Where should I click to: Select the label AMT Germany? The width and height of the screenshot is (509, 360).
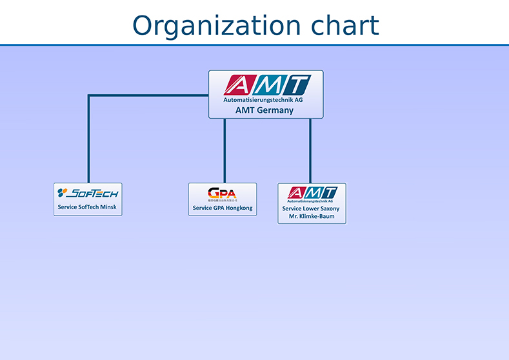(x=264, y=110)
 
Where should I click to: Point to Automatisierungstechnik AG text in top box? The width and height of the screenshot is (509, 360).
(x=263, y=100)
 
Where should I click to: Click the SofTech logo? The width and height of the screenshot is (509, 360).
(x=88, y=193)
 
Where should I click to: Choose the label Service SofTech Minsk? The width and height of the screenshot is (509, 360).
(x=87, y=207)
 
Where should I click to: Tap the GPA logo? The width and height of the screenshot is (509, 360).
(x=222, y=193)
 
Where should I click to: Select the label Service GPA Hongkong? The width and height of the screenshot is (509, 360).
(x=223, y=208)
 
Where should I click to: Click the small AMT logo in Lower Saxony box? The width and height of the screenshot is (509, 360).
(x=312, y=192)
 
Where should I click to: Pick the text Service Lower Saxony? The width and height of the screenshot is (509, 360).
(x=311, y=208)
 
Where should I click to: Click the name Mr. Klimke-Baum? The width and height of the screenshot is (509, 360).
(x=312, y=216)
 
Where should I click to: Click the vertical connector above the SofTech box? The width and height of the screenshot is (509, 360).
(x=88, y=142)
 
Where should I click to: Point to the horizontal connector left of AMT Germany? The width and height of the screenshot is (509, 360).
(x=148, y=96)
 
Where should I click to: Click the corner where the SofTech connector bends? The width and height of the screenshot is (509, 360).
(x=88, y=96)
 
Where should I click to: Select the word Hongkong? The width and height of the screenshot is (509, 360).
(x=239, y=208)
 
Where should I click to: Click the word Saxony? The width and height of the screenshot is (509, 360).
(x=329, y=208)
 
